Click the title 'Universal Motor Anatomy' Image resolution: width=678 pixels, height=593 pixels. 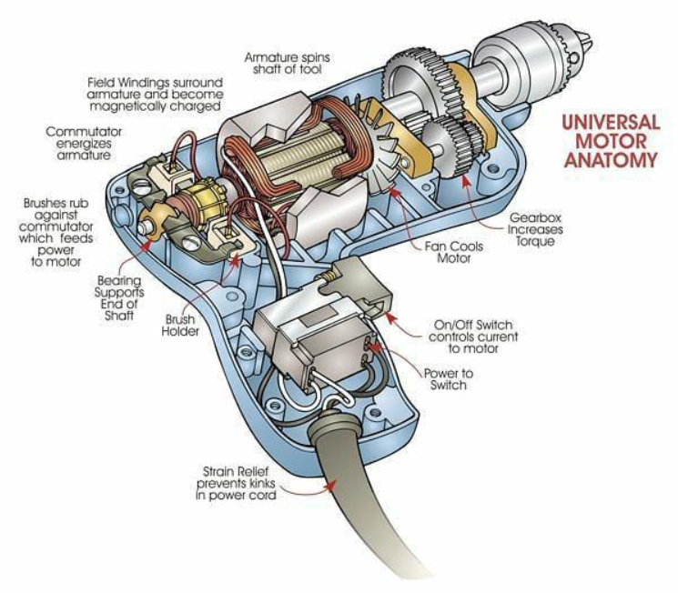pyautogui.click(x=611, y=141)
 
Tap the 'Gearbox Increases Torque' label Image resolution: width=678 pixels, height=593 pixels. pyautogui.click(x=535, y=229)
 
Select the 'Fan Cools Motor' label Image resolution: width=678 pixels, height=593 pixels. pyautogui.click(x=453, y=253)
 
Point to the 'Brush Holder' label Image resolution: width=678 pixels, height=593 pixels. pyautogui.click(x=180, y=326)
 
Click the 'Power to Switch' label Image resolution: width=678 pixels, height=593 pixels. pyautogui.click(x=449, y=379)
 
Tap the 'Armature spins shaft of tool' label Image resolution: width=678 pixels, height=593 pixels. pyautogui.click(x=287, y=63)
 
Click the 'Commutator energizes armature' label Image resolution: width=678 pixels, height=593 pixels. pyautogui.click(x=84, y=143)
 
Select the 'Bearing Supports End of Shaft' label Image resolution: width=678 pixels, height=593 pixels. pyautogui.click(x=119, y=297)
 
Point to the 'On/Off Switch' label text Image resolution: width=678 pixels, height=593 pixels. pyautogui.click(x=473, y=325)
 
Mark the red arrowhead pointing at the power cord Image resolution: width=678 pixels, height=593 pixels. pyautogui.click(x=330, y=485)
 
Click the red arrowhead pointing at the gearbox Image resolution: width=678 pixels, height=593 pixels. pyautogui.click(x=466, y=181)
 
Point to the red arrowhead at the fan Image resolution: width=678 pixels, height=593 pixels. pyautogui.click(x=393, y=191)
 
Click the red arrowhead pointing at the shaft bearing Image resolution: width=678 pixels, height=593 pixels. pyautogui.click(x=147, y=245)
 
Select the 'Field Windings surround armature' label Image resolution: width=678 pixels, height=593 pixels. pyautogui.click(x=156, y=95)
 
